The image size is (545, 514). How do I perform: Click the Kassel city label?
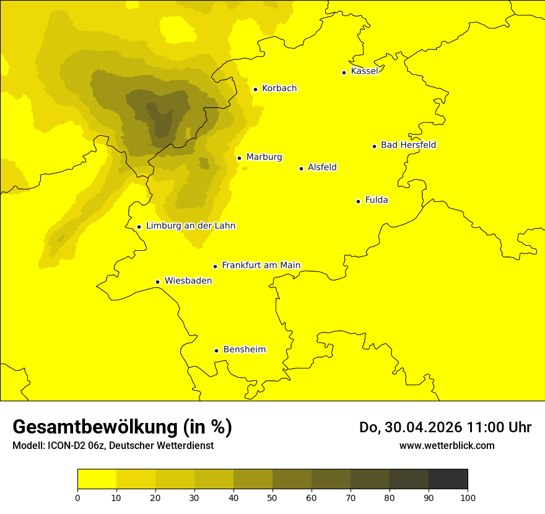364,71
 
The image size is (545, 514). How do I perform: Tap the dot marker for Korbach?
255,89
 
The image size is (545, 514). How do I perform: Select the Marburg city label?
264,157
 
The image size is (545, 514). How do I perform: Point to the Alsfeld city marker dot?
302,168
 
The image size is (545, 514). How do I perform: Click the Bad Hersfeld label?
408,145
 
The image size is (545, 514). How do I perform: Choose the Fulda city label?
377,200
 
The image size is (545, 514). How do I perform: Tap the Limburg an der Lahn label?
190,226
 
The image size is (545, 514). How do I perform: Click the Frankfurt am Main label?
261,266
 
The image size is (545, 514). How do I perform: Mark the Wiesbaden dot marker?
158,282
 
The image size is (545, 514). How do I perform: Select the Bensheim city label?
244,350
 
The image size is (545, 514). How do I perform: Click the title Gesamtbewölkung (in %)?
122,427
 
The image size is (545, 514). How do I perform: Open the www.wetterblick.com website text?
447,445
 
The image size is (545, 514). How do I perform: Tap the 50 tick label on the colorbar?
272,497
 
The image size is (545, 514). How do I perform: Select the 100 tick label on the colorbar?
468,497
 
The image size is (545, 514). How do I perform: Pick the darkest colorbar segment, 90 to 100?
448,479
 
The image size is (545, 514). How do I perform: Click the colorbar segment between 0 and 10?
97,479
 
